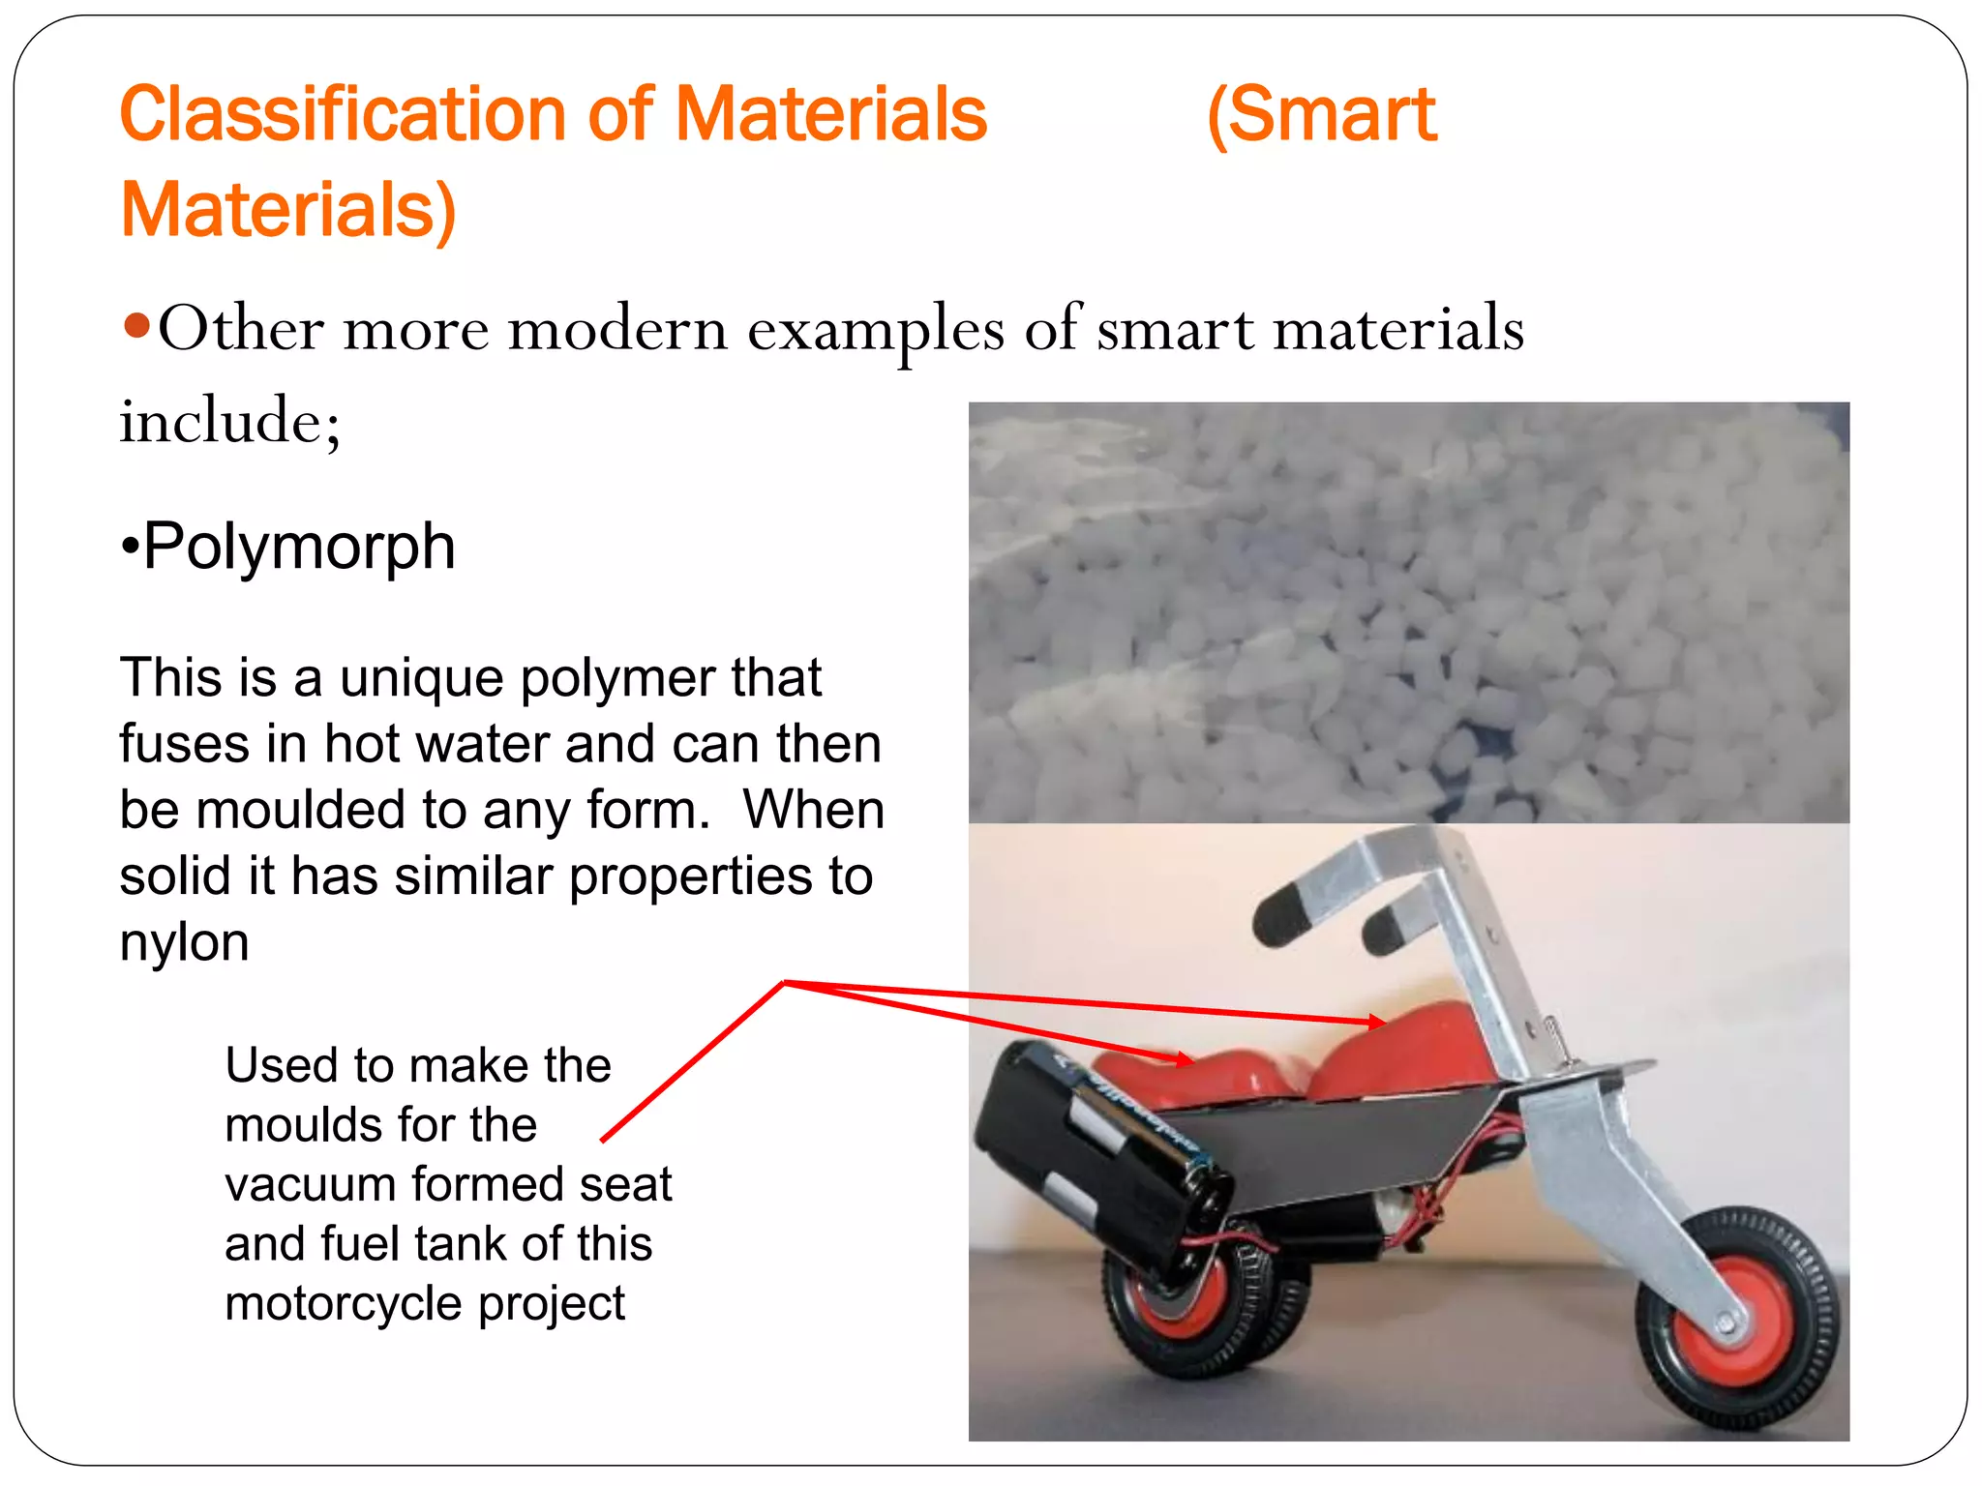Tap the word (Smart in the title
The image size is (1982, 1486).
1321,115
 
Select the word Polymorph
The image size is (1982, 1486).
298,547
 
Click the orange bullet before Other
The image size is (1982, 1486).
136,326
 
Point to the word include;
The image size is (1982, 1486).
230,421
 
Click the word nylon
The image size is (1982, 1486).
184,941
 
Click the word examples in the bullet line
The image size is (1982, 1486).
876,329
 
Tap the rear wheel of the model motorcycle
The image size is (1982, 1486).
1200,1306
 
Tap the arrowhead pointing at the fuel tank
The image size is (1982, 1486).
1374,1022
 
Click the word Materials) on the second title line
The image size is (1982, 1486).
287,210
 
